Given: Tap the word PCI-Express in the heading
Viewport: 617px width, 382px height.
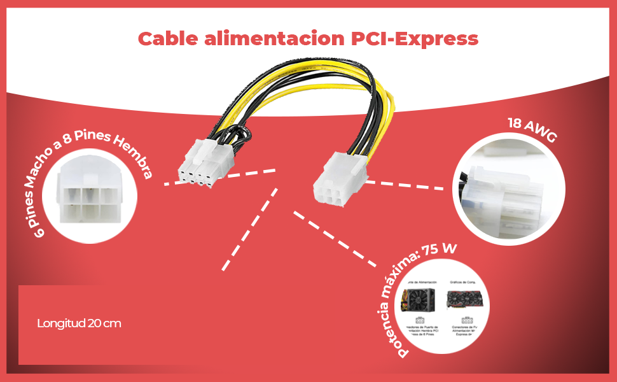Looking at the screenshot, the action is coord(415,39).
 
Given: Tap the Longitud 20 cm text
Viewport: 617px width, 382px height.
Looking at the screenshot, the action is coord(79,323).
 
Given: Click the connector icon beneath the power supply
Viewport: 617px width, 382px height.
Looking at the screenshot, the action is coord(419,321).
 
